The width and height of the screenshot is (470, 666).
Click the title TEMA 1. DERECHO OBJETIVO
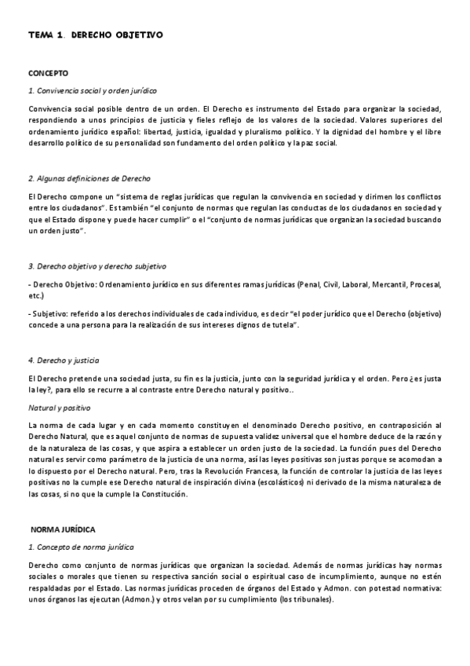point(95,36)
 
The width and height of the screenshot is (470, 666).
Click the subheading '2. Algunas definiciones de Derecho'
point(89,179)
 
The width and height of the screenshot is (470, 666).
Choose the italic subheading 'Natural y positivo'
point(59,408)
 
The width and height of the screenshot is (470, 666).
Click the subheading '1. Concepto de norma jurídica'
point(81,547)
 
